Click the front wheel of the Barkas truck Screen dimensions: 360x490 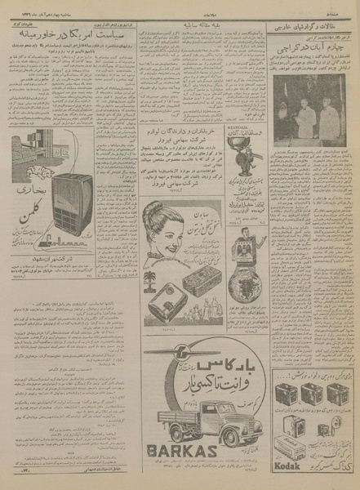(236, 437)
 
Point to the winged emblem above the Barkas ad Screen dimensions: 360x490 (176, 352)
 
